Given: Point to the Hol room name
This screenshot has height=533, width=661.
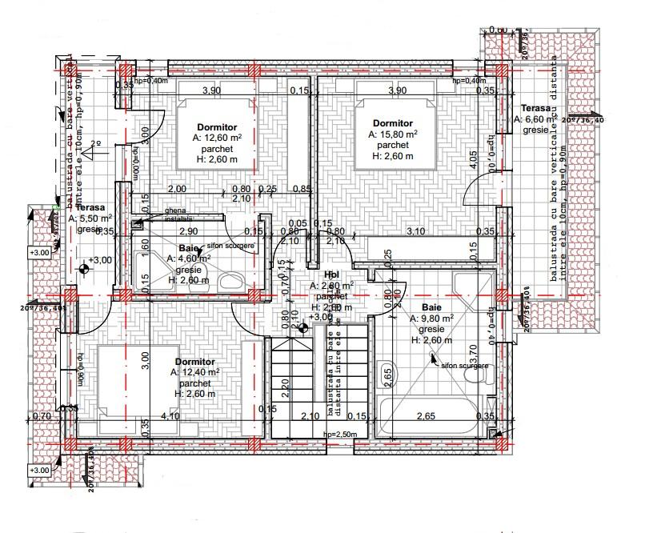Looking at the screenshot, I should pyautogui.click(x=332, y=275).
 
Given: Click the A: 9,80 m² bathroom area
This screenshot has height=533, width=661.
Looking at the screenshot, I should pyautogui.click(x=432, y=318).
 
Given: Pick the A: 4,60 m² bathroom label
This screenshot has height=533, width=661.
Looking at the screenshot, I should pyautogui.click(x=189, y=258).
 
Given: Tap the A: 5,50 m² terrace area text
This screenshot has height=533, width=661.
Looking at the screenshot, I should pyautogui.click(x=90, y=218).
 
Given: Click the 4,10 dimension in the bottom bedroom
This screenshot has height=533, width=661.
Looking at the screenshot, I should pyautogui.click(x=169, y=416).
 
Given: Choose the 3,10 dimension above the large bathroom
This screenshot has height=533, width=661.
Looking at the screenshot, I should pyautogui.click(x=415, y=231).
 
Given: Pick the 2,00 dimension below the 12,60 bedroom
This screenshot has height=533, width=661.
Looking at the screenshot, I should pyautogui.click(x=177, y=189).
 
